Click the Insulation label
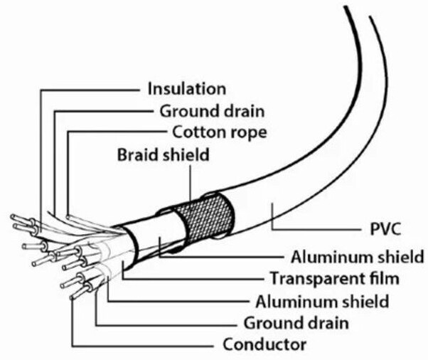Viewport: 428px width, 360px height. click(x=187, y=89)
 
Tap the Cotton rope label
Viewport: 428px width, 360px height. click(x=220, y=133)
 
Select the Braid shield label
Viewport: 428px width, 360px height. click(x=164, y=154)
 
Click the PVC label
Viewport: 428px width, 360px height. click(x=385, y=229)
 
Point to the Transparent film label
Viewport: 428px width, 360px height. click(x=335, y=278)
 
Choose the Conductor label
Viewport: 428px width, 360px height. click(x=264, y=344)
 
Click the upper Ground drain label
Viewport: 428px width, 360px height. click(x=212, y=112)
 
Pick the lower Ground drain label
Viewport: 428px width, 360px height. click(x=296, y=323)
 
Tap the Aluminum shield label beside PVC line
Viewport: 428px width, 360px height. click(x=358, y=257)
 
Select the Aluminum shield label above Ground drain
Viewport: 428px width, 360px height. click(x=322, y=302)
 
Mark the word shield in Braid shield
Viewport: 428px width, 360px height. click(x=186, y=154)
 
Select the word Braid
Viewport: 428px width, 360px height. click(x=138, y=154)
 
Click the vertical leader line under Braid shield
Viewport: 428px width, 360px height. click(x=191, y=182)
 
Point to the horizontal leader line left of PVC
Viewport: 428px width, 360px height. click(x=315, y=230)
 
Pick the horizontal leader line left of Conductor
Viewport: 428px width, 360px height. click(x=142, y=346)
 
